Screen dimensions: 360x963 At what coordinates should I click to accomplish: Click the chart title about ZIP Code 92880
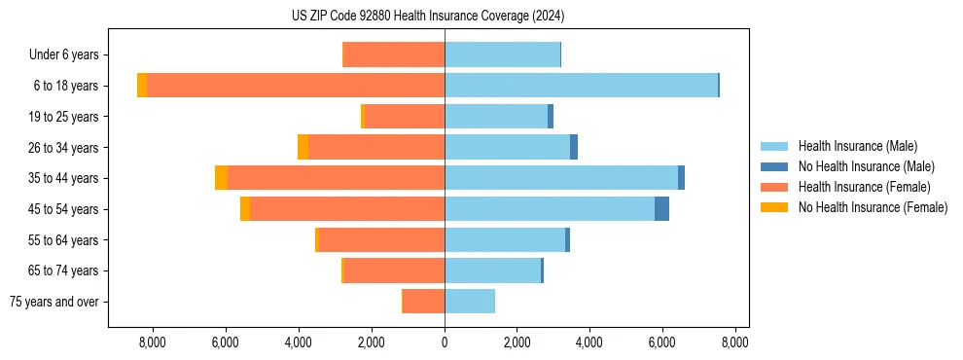tap(427, 16)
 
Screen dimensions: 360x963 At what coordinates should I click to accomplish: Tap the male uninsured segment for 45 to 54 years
tap(661, 209)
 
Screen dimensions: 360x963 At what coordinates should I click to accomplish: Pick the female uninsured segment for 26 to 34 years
tap(303, 147)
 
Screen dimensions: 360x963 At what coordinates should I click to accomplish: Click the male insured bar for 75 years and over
tap(470, 302)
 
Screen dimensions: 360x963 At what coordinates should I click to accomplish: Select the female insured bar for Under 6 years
tap(394, 54)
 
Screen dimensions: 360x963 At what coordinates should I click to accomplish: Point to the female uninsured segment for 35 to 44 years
tap(221, 178)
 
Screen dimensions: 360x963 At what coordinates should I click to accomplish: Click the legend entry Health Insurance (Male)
tap(857, 146)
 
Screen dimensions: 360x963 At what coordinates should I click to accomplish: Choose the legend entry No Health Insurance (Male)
tap(866, 166)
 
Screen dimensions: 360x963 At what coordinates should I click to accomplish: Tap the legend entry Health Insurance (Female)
tap(862, 187)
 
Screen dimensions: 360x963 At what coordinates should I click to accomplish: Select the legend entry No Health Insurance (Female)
tap(872, 207)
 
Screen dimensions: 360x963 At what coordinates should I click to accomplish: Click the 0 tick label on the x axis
tap(445, 342)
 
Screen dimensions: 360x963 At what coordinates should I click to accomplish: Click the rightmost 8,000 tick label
tap(734, 342)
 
